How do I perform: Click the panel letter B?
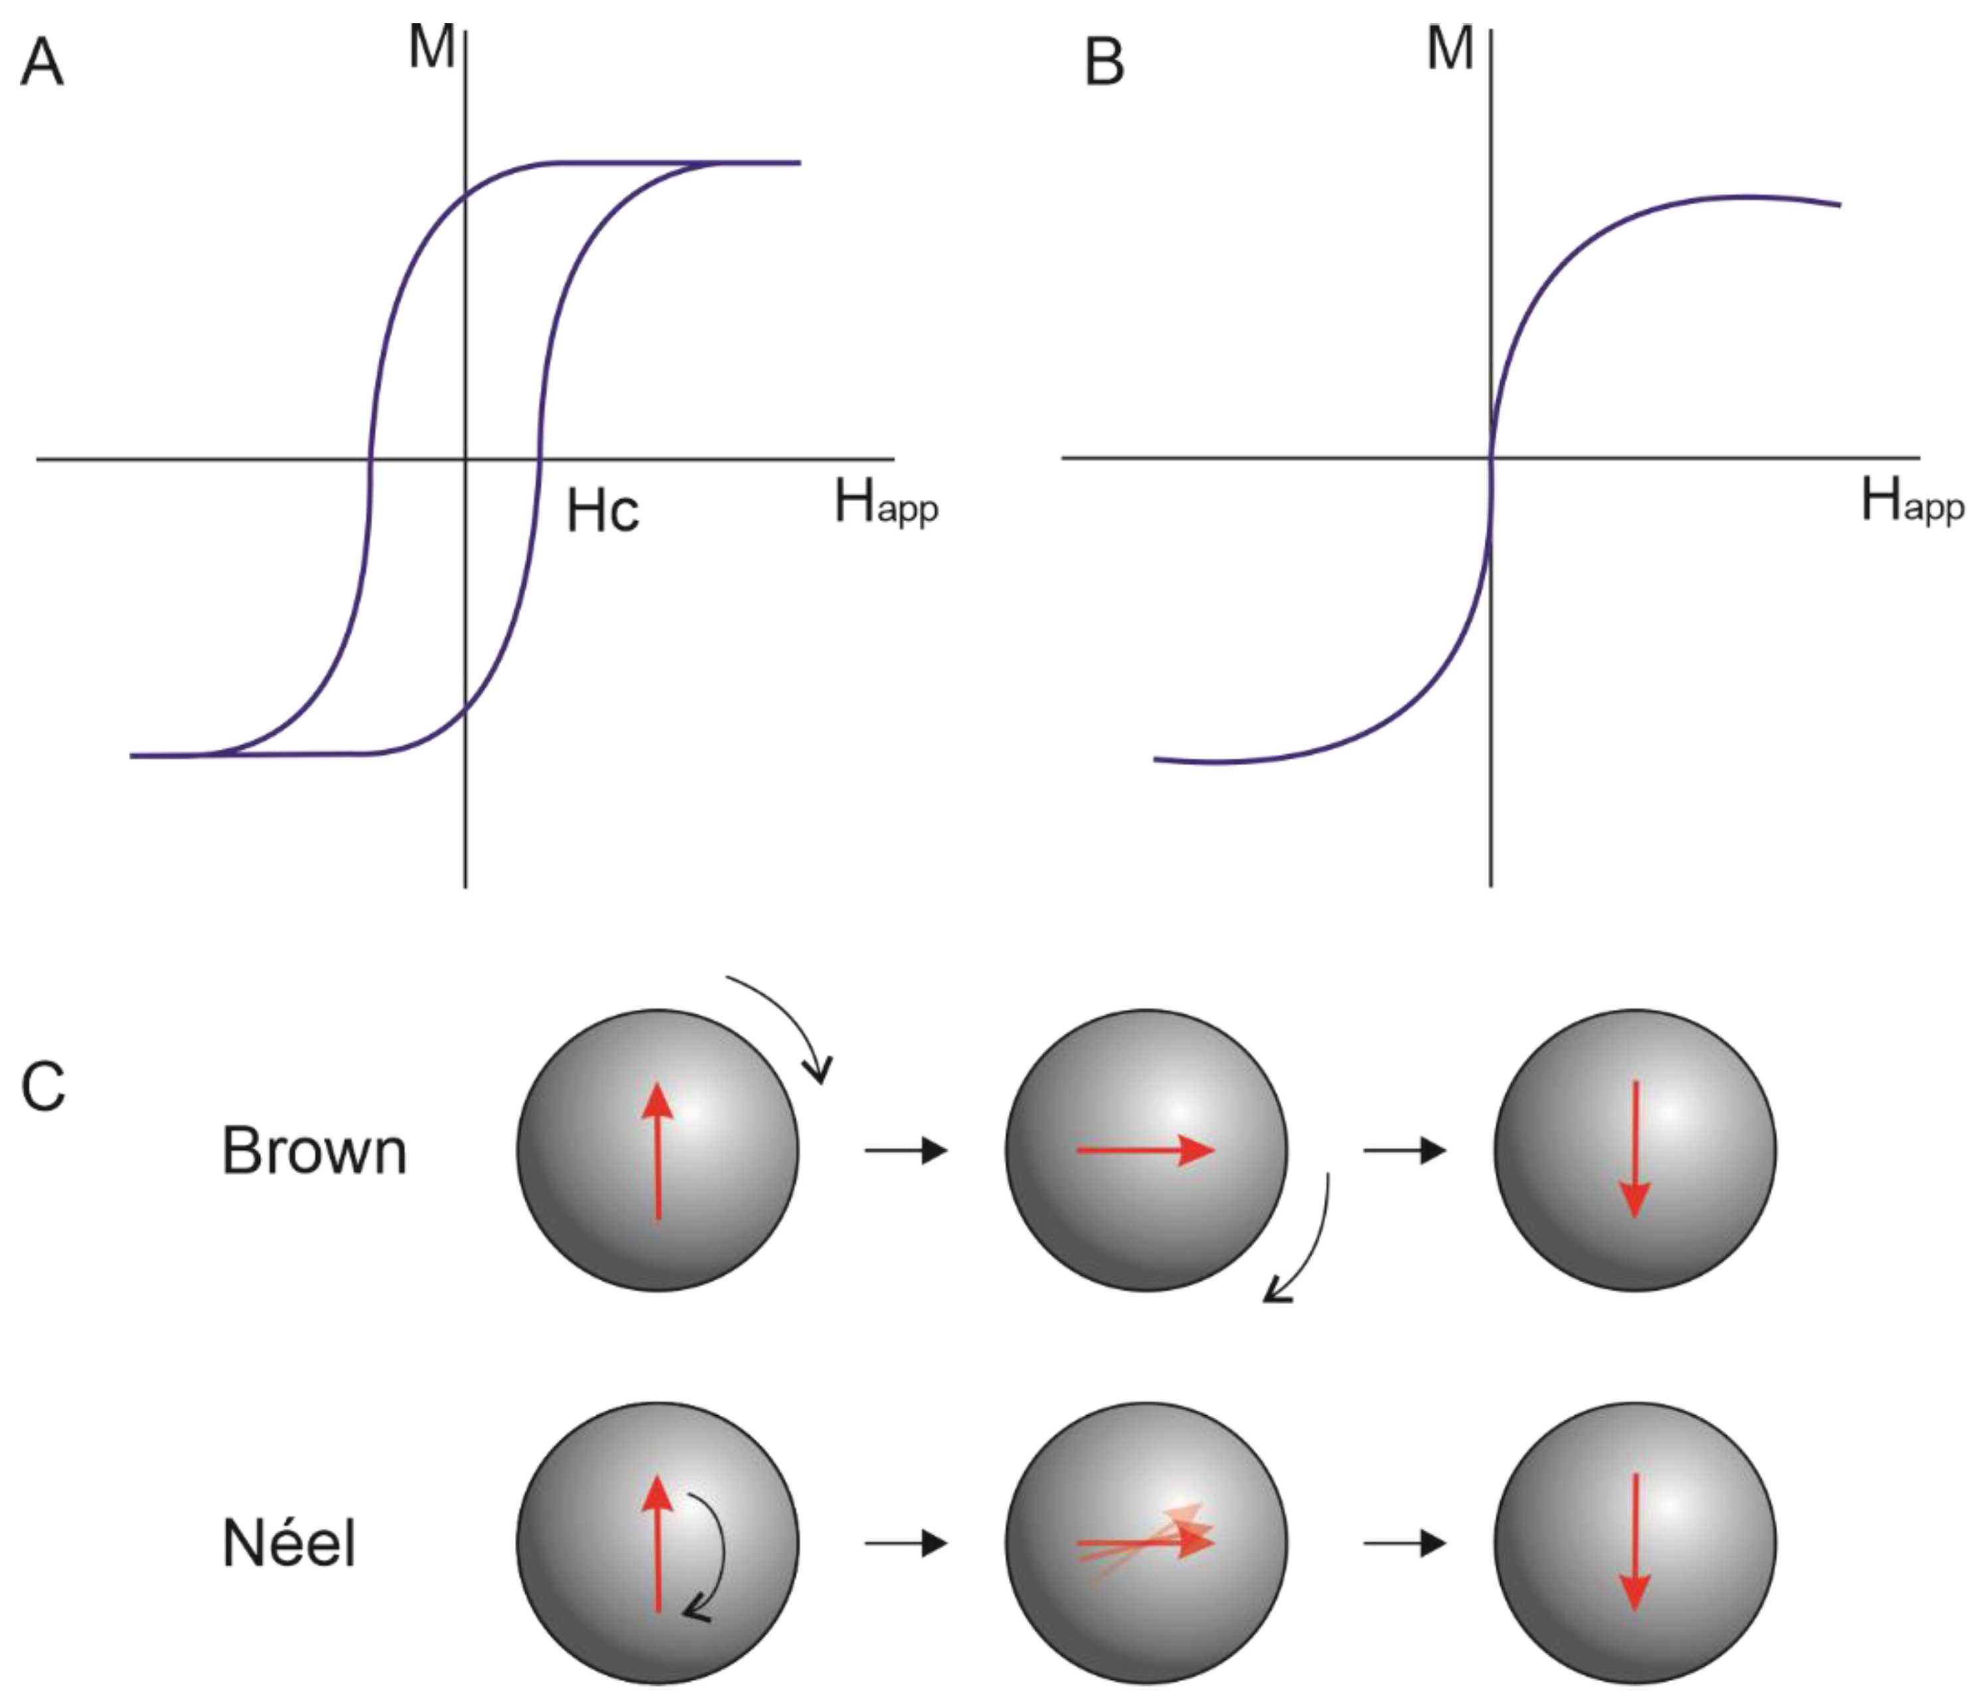[1105, 63]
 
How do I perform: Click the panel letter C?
[43, 1087]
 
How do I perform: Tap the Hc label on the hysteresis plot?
[602, 511]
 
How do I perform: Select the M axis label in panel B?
[1450, 48]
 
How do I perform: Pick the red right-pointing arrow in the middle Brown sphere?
[1145, 1151]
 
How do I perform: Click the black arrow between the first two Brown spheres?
[905, 1151]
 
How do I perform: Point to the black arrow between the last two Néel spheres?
[1404, 1543]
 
